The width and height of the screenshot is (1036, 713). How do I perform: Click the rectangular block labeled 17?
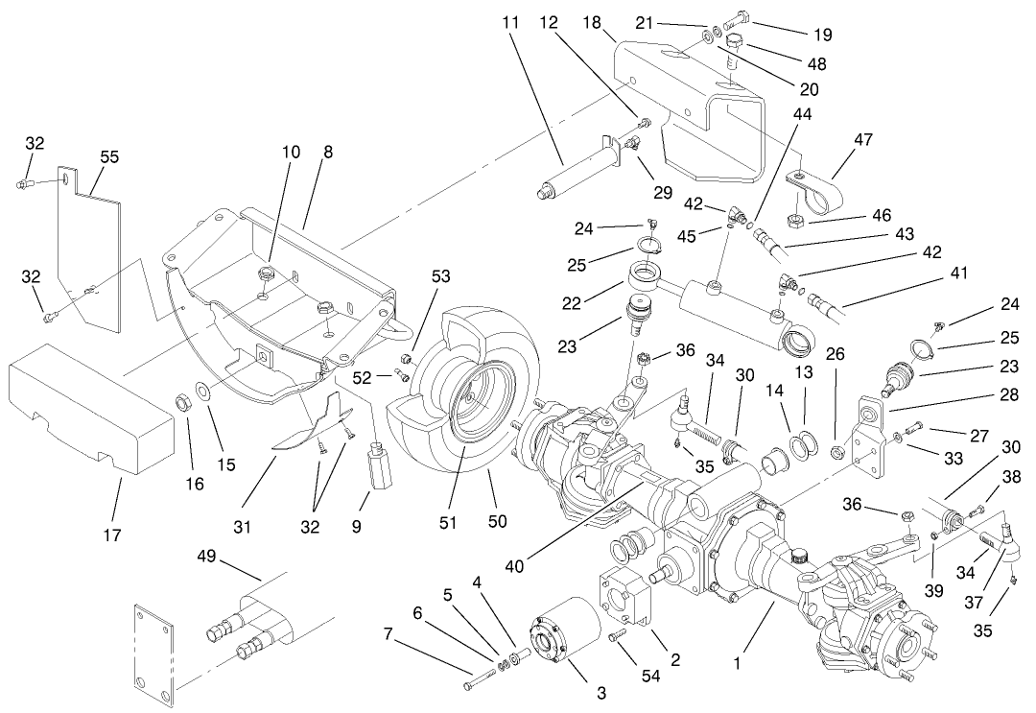(x=91, y=413)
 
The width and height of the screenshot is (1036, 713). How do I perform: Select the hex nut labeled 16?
(x=180, y=398)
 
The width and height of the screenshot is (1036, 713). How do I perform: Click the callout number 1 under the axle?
(x=737, y=663)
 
